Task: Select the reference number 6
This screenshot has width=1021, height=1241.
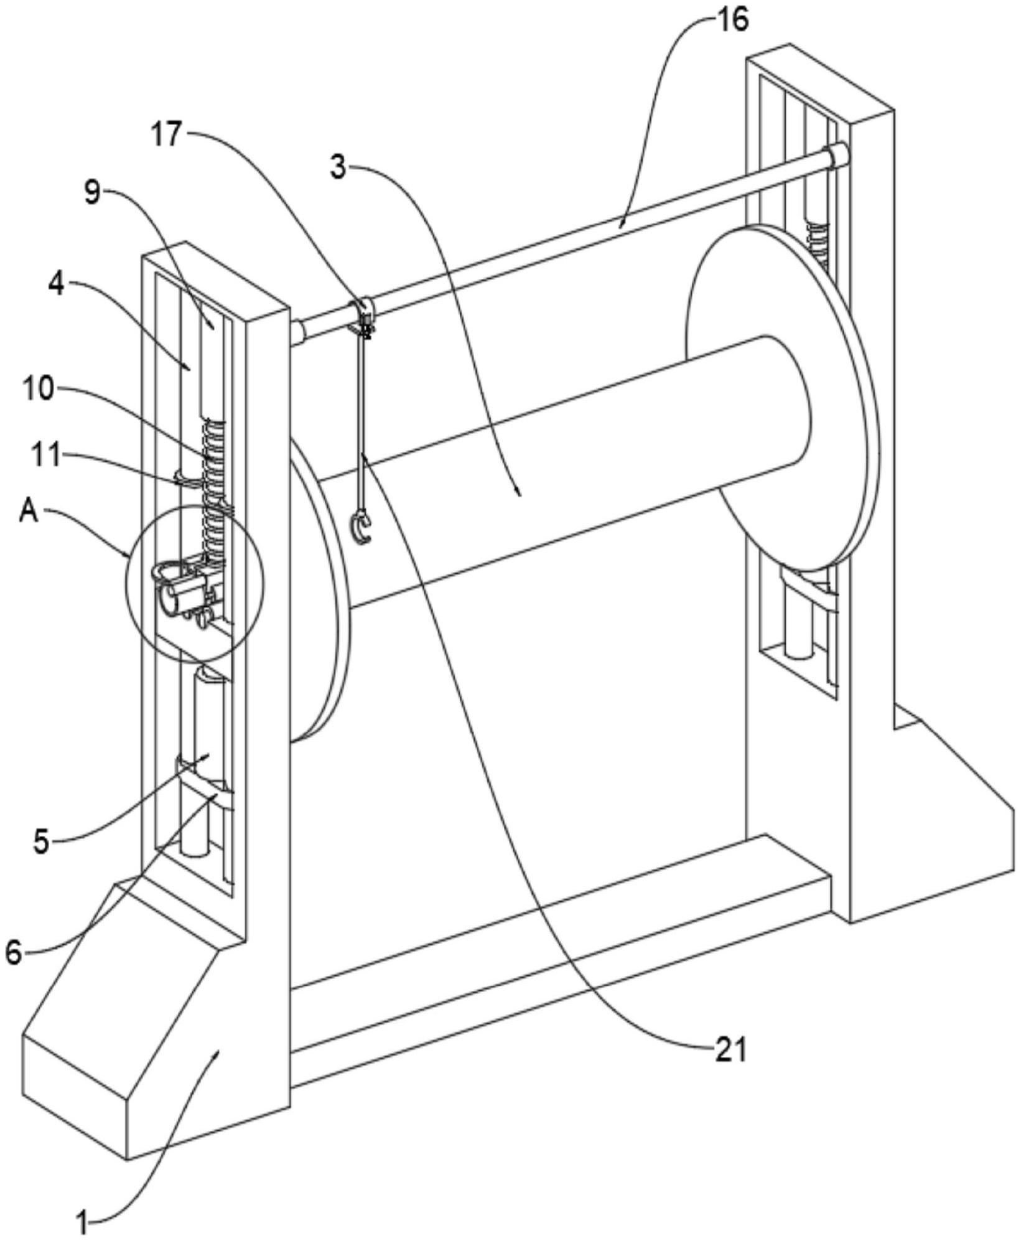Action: click(x=14, y=951)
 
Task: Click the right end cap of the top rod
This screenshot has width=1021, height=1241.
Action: click(x=837, y=155)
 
